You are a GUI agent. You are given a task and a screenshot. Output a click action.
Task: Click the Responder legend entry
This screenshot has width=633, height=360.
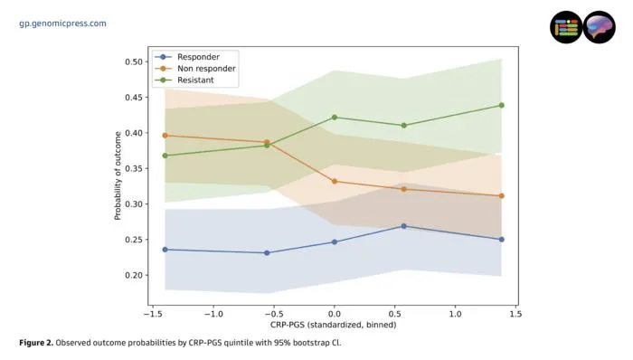(188, 57)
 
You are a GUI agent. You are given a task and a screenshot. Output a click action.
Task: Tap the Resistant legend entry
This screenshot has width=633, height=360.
(184, 80)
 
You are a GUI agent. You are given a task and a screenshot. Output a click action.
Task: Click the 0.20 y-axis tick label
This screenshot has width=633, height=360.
(134, 275)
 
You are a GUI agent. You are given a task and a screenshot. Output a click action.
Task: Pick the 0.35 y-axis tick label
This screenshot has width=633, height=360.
(134, 169)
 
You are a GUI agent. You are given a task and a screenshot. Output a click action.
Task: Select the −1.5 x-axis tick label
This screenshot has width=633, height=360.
(153, 314)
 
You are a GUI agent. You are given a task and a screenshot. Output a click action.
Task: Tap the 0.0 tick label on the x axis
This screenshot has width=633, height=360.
(335, 314)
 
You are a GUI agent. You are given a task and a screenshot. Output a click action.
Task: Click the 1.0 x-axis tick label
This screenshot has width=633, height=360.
(456, 314)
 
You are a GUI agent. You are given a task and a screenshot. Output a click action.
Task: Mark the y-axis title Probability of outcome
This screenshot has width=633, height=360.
(118, 175)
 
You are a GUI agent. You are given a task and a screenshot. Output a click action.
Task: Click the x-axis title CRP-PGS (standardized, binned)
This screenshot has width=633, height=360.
(334, 325)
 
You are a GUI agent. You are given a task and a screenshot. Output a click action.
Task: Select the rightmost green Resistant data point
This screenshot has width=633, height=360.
(501, 105)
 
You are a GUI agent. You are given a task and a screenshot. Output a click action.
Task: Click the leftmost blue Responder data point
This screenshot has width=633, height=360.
(165, 250)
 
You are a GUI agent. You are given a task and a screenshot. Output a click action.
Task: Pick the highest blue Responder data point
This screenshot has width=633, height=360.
(403, 226)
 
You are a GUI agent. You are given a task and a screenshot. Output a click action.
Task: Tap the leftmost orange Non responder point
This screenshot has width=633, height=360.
(165, 136)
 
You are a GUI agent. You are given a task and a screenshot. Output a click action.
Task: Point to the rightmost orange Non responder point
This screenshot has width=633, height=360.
(501, 195)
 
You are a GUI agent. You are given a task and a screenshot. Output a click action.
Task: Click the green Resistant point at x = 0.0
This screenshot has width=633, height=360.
(335, 118)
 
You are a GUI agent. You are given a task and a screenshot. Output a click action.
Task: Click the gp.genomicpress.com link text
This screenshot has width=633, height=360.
(63, 24)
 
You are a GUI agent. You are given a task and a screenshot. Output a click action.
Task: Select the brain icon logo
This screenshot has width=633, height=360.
(599, 27)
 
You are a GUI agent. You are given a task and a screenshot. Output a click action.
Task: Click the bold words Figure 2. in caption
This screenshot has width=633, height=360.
(36, 343)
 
